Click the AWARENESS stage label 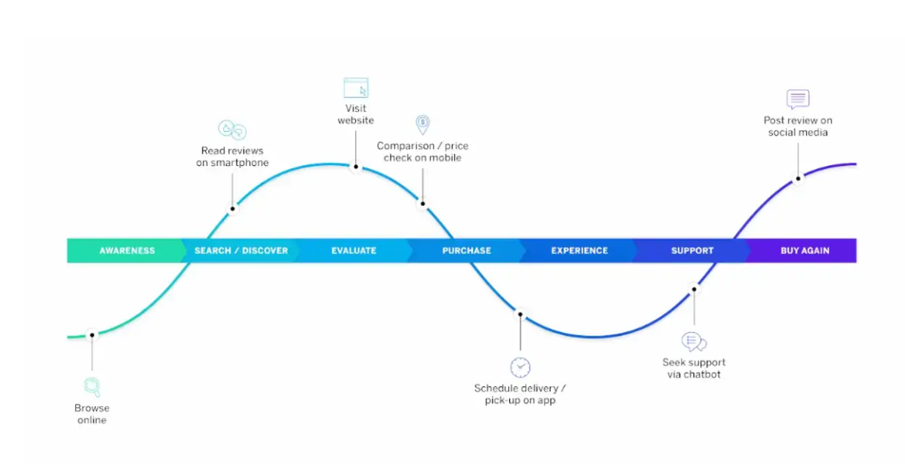coord(127,250)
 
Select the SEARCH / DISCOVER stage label coord(241,250)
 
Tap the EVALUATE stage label coord(354,250)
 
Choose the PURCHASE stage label coord(467,250)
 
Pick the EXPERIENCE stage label coord(579,250)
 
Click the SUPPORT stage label coord(692,250)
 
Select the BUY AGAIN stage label coord(805,250)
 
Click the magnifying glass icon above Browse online coord(92,387)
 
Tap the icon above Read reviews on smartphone coord(232,130)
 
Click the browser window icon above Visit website coord(356,88)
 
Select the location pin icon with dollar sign coord(423,124)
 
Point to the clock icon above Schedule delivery coord(520,367)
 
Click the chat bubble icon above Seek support coord(693,342)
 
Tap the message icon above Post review coord(798,99)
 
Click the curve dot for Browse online coord(92,334)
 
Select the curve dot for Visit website coord(355,167)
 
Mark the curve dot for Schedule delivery coord(520,314)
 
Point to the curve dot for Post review coord(797,179)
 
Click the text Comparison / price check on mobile coord(422,152)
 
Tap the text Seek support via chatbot coord(694,368)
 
